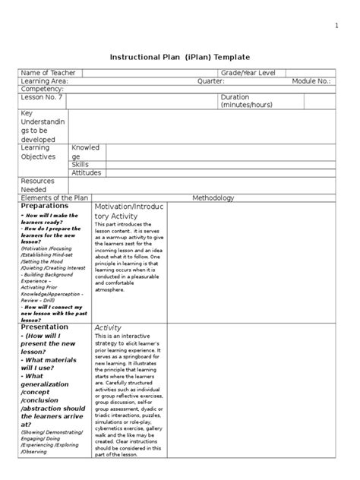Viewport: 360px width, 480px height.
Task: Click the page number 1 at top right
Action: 336,27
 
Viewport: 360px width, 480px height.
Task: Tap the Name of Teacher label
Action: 49,72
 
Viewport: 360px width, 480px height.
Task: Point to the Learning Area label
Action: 45,81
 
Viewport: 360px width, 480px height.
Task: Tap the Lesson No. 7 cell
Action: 43,98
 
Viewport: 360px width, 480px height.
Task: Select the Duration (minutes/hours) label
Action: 247,101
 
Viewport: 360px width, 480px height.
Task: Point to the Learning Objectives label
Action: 39,152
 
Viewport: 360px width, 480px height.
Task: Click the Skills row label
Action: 81,164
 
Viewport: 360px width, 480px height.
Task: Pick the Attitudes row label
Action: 87,172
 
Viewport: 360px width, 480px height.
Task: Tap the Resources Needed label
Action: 39,185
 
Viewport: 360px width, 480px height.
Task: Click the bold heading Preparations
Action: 45,206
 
